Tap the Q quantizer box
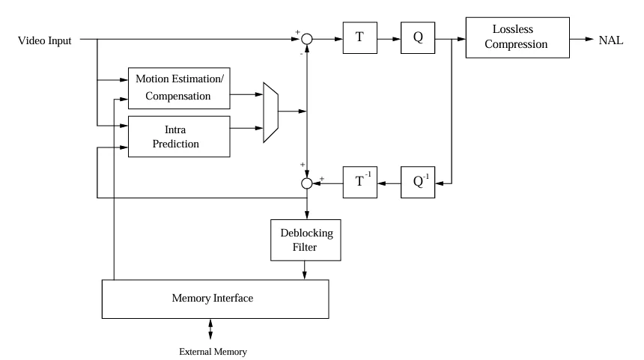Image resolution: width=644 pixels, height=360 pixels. click(x=418, y=38)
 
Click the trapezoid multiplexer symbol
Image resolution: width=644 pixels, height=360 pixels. click(x=271, y=112)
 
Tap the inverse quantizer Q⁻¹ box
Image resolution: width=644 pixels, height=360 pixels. click(x=418, y=182)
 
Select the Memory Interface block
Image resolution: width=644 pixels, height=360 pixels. click(x=214, y=298)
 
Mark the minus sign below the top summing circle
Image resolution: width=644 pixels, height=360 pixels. click(x=301, y=54)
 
